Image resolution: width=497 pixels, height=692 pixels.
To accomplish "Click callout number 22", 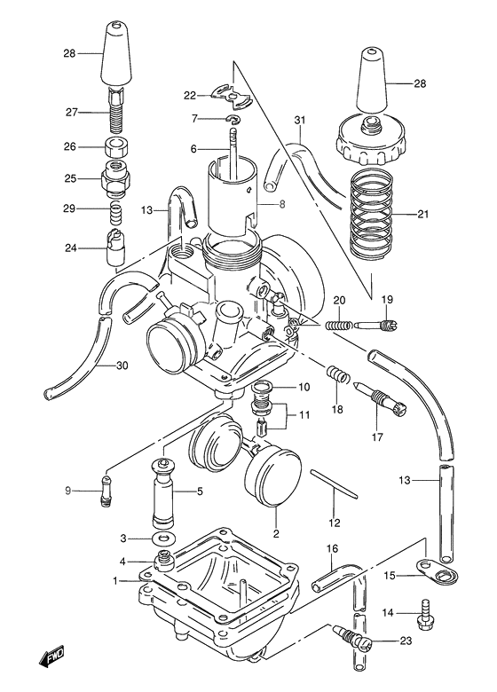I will coord(189,96).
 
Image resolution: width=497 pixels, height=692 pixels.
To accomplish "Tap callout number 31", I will coord(299,121).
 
